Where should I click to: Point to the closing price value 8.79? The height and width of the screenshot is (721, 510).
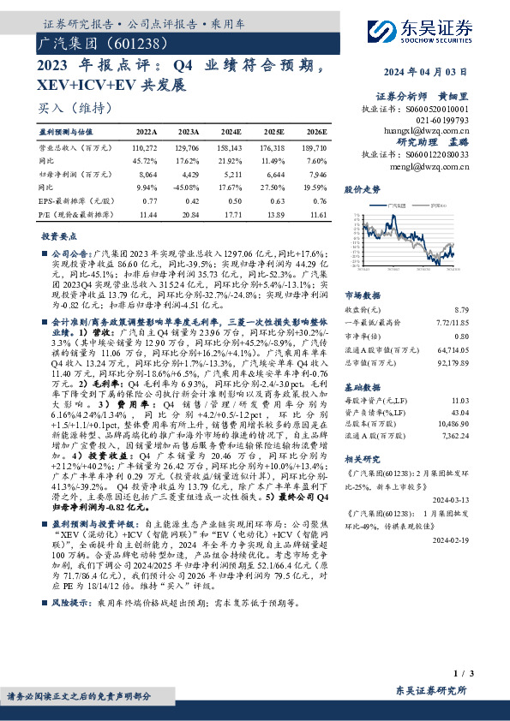click(x=461, y=308)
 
